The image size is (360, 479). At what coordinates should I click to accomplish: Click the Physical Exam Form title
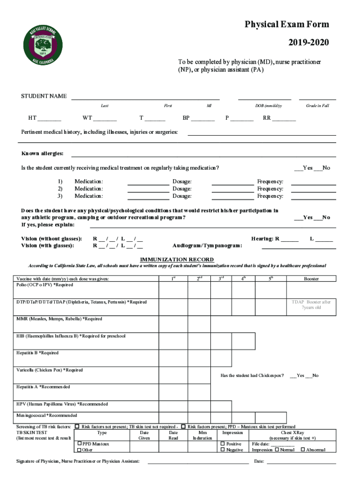pyautogui.click(x=287, y=24)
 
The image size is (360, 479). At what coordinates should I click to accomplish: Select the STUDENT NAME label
pyautogui.click(x=43, y=96)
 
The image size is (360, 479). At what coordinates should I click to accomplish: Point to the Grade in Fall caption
pyautogui.click(x=317, y=106)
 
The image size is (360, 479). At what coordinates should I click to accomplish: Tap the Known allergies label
pyautogui.click(x=43, y=154)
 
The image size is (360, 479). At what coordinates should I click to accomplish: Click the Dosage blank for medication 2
pyautogui.click(x=232, y=189)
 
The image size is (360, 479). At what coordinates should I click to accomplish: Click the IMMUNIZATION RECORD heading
pyautogui.click(x=177, y=260)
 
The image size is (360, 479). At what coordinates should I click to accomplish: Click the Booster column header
pyautogui.click(x=311, y=279)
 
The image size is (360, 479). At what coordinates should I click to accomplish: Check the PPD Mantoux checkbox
pyautogui.click(x=79, y=443)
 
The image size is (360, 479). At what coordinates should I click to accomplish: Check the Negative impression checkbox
pyautogui.click(x=223, y=450)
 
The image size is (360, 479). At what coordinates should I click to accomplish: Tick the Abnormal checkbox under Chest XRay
pyautogui.click(x=303, y=450)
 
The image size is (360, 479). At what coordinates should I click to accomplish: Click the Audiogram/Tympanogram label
pyautogui.click(x=207, y=246)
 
